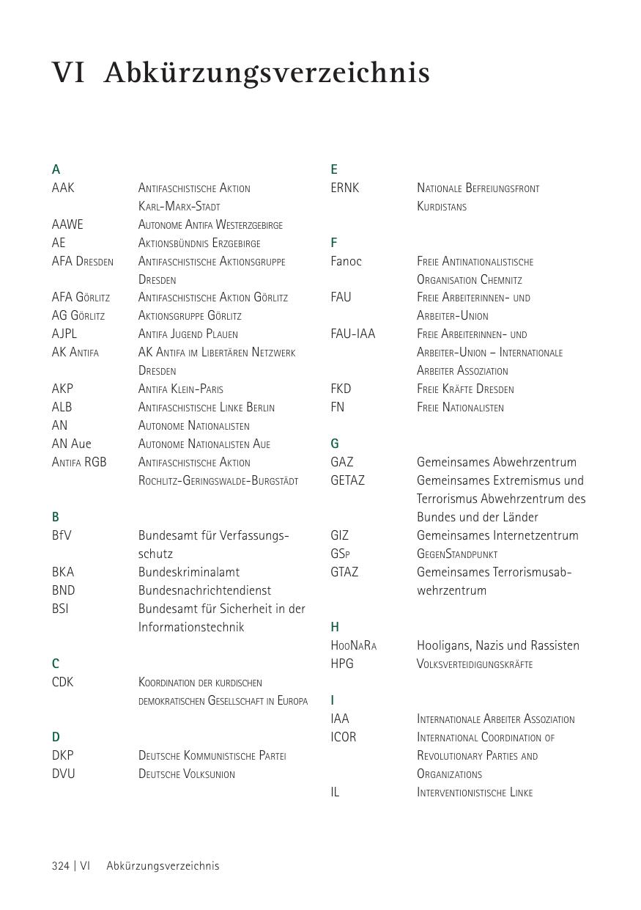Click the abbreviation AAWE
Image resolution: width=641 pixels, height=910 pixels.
click(67, 224)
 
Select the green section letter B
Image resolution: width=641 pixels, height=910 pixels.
click(56, 517)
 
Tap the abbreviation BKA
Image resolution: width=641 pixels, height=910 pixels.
click(63, 572)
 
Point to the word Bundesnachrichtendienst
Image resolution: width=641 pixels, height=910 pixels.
click(204, 590)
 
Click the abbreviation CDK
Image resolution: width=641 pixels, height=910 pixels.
click(63, 682)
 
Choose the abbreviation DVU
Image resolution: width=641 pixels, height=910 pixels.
click(64, 774)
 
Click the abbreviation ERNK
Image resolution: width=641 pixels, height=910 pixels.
click(345, 188)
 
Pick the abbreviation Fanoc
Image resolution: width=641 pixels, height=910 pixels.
click(346, 261)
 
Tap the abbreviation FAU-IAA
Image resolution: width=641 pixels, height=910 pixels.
click(352, 334)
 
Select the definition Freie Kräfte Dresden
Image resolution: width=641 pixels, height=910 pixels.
click(465, 389)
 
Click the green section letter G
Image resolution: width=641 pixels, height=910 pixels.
click(335, 444)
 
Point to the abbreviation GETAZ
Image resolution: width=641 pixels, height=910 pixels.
click(347, 480)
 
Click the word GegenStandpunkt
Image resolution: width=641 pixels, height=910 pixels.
click(457, 554)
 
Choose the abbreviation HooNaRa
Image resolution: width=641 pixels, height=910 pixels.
click(353, 645)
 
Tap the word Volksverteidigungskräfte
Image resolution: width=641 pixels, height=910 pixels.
click(475, 664)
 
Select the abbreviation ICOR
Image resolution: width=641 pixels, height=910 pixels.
click(343, 737)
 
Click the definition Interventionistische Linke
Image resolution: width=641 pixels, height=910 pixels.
click(475, 792)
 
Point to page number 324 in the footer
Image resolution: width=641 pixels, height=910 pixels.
click(61, 865)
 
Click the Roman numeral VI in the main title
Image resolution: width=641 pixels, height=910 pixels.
click(68, 73)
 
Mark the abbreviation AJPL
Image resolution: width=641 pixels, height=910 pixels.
click(64, 334)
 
